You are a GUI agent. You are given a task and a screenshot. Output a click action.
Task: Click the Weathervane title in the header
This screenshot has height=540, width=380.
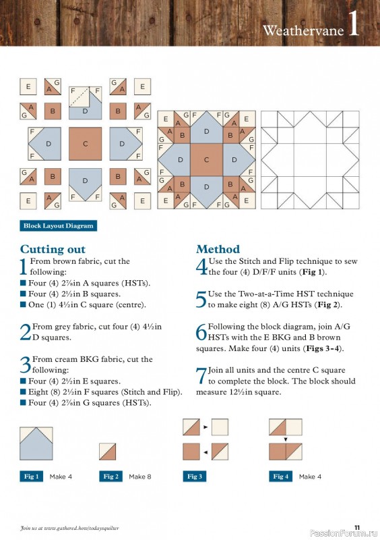(303, 30)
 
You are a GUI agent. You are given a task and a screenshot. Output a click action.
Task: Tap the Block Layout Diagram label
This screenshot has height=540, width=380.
(58, 225)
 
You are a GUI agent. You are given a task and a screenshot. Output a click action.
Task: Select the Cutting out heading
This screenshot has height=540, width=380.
(53, 249)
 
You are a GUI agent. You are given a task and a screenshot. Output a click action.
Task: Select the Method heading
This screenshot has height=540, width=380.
(218, 249)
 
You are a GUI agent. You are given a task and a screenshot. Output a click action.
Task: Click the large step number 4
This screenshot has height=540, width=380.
(201, 267)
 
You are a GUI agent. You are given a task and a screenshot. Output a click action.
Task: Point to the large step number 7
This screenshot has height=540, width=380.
(201, 376)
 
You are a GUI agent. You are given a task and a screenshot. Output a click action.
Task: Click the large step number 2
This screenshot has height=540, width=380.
(26, 332)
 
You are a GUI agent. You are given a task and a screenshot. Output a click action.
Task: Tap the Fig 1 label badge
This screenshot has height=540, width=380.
(32, 477)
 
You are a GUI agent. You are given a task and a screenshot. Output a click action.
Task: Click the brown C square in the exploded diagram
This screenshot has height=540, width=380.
(85, 144)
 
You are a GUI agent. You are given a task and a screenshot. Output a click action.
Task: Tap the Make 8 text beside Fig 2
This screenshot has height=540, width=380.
(140, 477)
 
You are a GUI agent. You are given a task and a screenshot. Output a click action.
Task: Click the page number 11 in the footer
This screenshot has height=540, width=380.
(357, 527)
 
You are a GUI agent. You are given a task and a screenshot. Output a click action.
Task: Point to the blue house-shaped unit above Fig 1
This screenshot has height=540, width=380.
(37, 443)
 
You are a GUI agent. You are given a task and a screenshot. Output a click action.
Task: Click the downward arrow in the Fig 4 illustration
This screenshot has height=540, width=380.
(286, 439)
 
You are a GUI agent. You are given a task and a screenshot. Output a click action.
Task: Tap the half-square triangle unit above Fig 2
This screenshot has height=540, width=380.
(108, 452)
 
